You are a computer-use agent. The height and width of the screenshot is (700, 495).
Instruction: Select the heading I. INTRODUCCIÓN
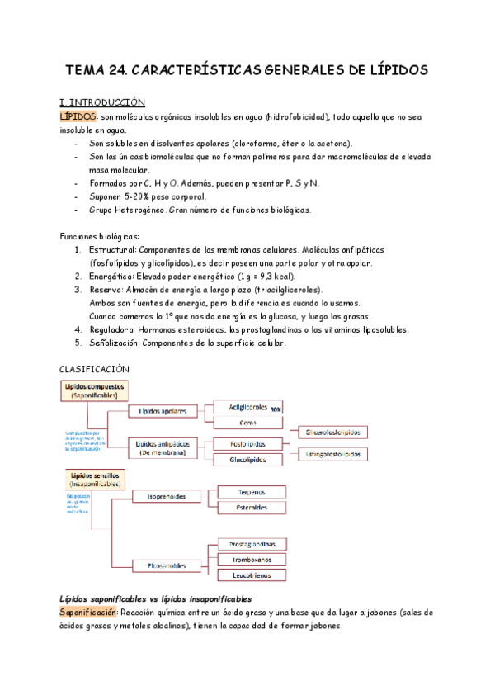pos(103,102)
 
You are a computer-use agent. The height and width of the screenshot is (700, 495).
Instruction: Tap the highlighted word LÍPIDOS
pos(78,116)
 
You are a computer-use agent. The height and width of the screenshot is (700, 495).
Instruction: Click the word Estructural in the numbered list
pos(112,249)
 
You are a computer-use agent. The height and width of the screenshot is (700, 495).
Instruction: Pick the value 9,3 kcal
pos(271,277)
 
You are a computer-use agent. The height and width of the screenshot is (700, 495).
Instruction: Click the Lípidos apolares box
pos(162,410)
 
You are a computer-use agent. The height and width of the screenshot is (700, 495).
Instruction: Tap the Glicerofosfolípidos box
pos(337,433)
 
